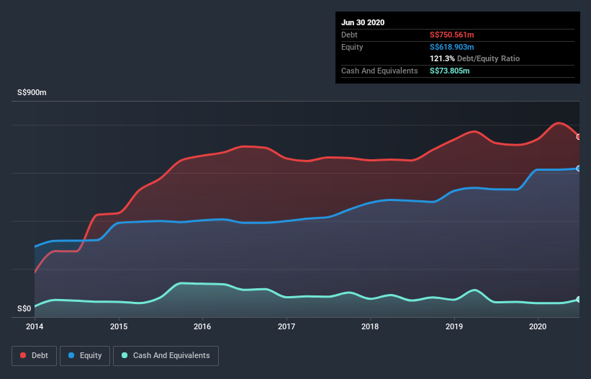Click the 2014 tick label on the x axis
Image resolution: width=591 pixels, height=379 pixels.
(x=35, y=326)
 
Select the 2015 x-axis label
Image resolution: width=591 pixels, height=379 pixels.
(x=119, y=326)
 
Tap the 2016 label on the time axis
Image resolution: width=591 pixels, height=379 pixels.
(x=203, y=326)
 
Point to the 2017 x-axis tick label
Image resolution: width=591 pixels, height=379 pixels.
(x=287, y=326)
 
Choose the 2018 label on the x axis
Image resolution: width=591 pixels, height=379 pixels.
(x=371, y=326)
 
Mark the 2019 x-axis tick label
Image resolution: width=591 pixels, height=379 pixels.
(x=454, y=326)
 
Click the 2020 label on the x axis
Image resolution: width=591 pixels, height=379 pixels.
(x=538, y=326)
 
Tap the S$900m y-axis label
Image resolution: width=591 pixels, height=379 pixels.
(x=32, y=94)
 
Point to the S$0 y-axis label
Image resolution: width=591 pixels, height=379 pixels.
(x=24, y=309)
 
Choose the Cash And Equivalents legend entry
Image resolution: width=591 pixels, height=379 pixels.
(x=166, y=355)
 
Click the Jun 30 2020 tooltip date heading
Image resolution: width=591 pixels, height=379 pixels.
(x=363, y=22)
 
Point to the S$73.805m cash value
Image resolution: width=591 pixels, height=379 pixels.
(x=450, y=71)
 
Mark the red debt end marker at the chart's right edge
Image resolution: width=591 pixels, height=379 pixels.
(x=579, y=137)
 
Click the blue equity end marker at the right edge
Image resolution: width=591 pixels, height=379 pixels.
(x=579, y=169)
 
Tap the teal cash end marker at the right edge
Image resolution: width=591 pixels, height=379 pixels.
(x=579, y=299)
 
